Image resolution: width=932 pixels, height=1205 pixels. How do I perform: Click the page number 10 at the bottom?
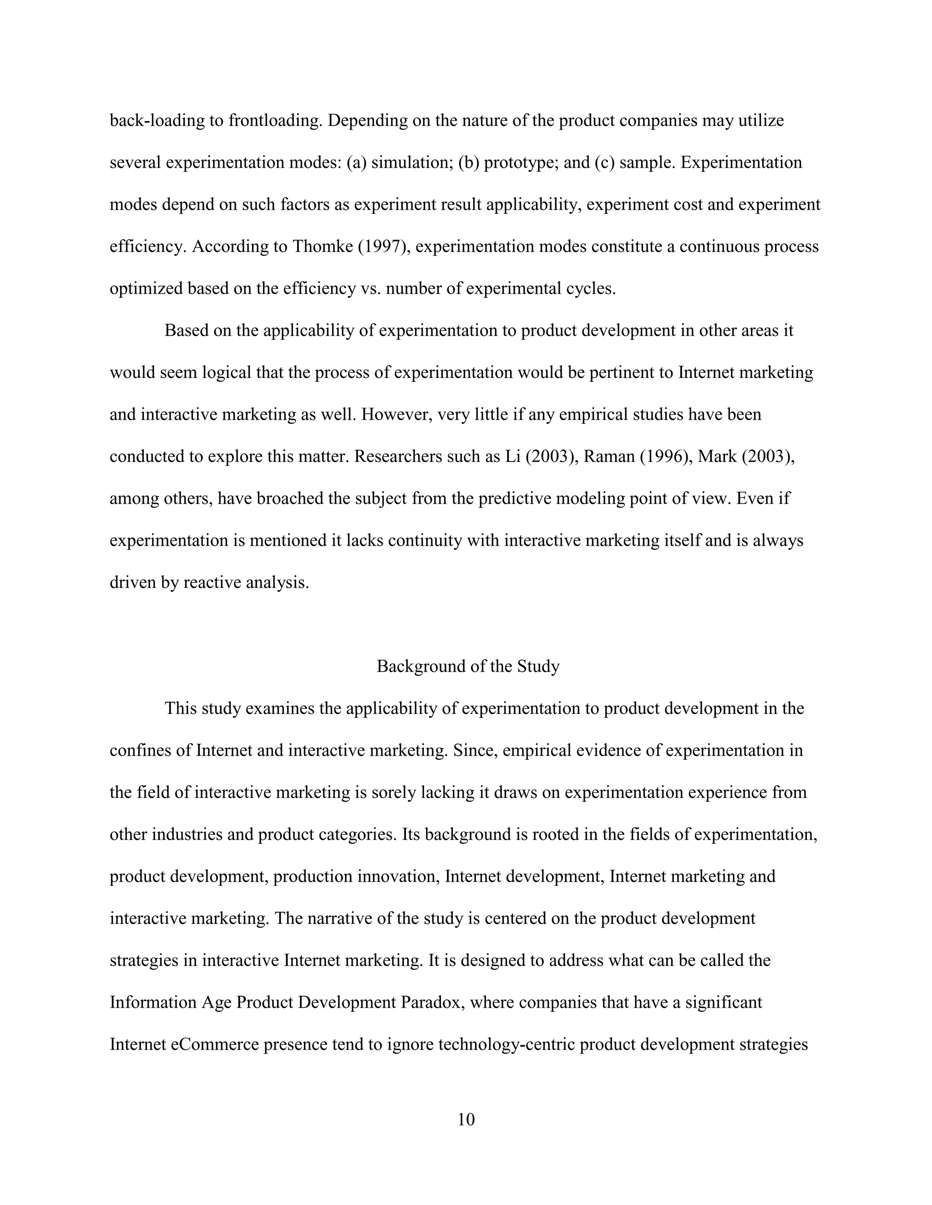tap(466, 1120)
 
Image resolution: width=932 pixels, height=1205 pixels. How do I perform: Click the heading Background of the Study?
tap(468, 666)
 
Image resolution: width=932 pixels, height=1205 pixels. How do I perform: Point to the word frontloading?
tap(275, 120)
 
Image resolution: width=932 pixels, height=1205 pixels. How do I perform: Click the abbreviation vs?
tap(370, 289)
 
